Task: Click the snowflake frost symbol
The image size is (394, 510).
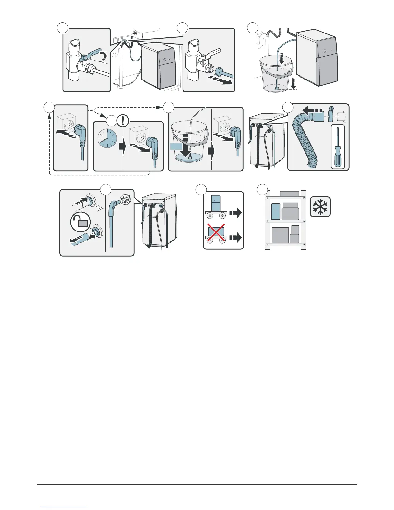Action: coord(320,206)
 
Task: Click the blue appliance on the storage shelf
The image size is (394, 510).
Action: coord(276,212)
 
